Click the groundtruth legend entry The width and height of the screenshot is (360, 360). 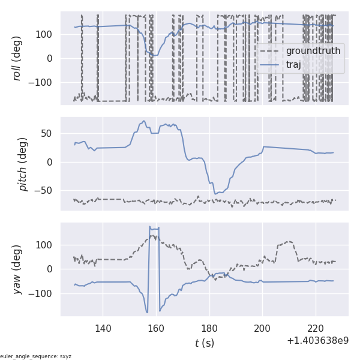point(313,51)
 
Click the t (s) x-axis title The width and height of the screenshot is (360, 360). point(204,343)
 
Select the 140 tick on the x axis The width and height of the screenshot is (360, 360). point(103,328)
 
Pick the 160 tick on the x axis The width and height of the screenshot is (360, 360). point(157,328)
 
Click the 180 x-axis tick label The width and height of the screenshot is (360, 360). point(210,328)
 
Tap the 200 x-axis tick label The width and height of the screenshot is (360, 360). point(263,328)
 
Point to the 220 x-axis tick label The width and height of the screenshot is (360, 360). point(316,328)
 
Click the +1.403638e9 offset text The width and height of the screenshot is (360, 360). point(317,341)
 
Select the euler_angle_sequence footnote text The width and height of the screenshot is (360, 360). point(36,356)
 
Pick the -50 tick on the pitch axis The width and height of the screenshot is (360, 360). point(46,191)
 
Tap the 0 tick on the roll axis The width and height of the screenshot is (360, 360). point(52,58)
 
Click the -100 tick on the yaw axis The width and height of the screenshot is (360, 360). point(44,293)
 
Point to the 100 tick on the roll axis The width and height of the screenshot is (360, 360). point(47,34)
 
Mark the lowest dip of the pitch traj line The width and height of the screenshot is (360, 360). point(215,194)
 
